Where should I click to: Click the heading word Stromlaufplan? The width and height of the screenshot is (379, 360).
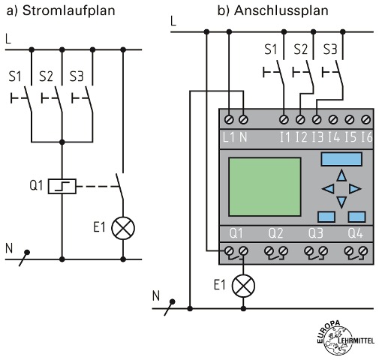click(69, 10)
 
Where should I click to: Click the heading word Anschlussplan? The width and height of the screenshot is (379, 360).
click(281, 10)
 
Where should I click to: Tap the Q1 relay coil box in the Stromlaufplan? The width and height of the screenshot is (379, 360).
click(62, 186)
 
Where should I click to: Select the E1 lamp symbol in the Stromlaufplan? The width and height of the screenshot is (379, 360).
click(123, 228)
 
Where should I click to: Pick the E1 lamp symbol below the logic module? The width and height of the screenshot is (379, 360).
click(243, 286)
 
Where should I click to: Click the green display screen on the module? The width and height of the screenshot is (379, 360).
click(265, 187)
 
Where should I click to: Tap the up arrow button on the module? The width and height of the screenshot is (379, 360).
click(341, 175)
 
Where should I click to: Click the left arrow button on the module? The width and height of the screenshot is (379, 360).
click(328, 189)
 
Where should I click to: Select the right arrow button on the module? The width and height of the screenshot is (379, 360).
click(355, 189)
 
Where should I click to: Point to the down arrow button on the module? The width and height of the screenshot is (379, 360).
click(341, 202)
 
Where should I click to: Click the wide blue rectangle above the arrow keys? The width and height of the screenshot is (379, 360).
click(341, 159)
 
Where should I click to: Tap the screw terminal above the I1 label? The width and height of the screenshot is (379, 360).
click(284, 119)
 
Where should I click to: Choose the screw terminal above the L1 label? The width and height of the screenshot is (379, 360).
click(229, 119)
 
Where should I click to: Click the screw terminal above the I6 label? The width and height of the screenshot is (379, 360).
click(366, 119)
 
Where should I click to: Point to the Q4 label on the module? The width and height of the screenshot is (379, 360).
click(355, 233)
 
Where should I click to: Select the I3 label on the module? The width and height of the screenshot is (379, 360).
click(317, 137)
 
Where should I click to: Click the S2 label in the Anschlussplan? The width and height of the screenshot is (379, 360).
click(300, 49)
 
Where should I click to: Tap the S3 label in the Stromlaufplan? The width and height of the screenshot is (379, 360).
click(77, 76)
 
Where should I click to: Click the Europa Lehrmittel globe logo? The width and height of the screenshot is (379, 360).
click(345, 340)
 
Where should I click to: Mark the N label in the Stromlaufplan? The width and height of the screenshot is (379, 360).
click(9, 248)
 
